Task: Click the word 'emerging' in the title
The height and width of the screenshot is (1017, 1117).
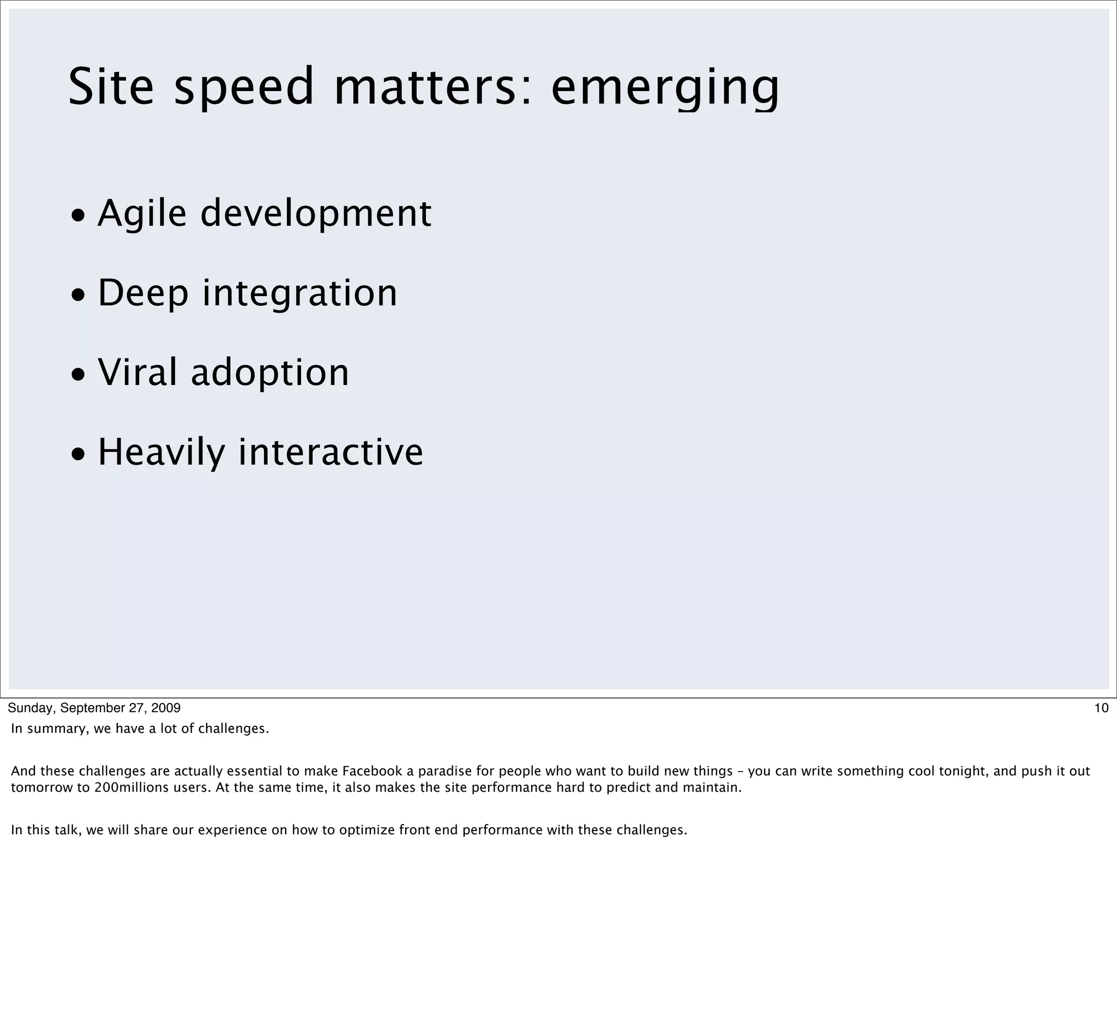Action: pos(665,87)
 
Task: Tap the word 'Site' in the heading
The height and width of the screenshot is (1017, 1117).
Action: pos(111,87)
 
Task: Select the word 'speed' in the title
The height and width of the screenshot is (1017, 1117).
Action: pos(244,87)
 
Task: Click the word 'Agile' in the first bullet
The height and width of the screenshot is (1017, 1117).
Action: pos(142,213)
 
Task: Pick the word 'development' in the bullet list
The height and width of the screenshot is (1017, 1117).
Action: pos(315,213)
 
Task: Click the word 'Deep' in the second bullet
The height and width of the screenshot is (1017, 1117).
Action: pos(143,293)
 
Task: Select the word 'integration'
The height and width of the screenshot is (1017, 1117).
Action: pos(300,293)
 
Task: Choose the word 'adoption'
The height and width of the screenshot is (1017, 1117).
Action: pos(270,372)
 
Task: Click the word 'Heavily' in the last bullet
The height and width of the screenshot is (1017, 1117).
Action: pos(161,452)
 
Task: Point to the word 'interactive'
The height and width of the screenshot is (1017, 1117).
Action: pos(331,452)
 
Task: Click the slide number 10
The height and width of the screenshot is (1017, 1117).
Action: pos(1101,708)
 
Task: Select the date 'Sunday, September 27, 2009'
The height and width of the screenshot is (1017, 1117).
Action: pos(94,708)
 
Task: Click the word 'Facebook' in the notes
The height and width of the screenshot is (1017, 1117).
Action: pos(372,771)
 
